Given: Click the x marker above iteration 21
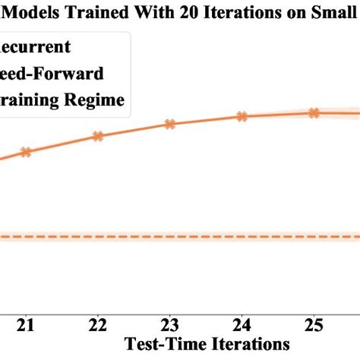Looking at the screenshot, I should [x=27, y=152].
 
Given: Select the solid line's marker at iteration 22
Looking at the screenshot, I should [x=98, y=136].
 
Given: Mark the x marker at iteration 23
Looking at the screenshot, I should [x=169, y=124].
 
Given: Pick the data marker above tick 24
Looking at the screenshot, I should [x=242, y=116].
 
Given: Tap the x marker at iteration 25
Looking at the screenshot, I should [x=313, y=112].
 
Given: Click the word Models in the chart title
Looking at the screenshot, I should [x=35, y=12].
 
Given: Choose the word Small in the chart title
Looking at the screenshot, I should [x=331, y=12].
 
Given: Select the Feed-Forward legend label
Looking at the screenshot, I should [x=53, y=74].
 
